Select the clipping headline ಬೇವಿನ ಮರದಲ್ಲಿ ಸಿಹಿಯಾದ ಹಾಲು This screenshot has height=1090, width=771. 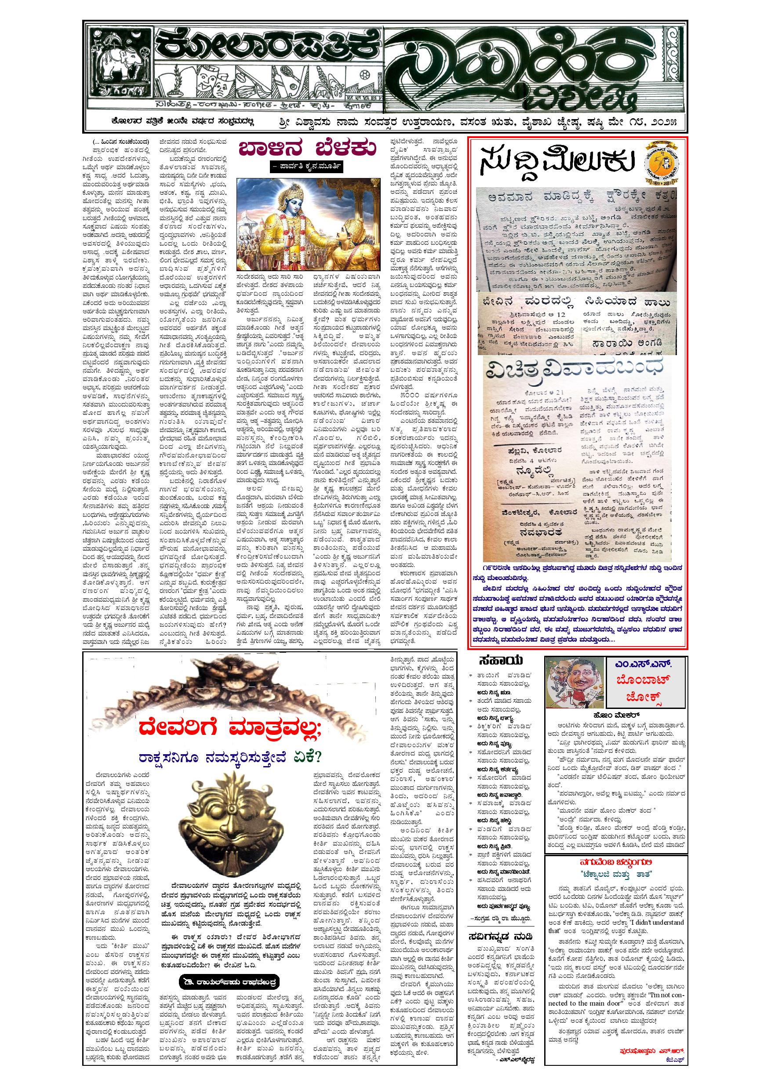(577, 303)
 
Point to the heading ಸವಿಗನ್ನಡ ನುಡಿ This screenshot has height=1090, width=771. (500, 923)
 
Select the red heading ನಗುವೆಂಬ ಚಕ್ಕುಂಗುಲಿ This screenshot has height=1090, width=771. (617, 864)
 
